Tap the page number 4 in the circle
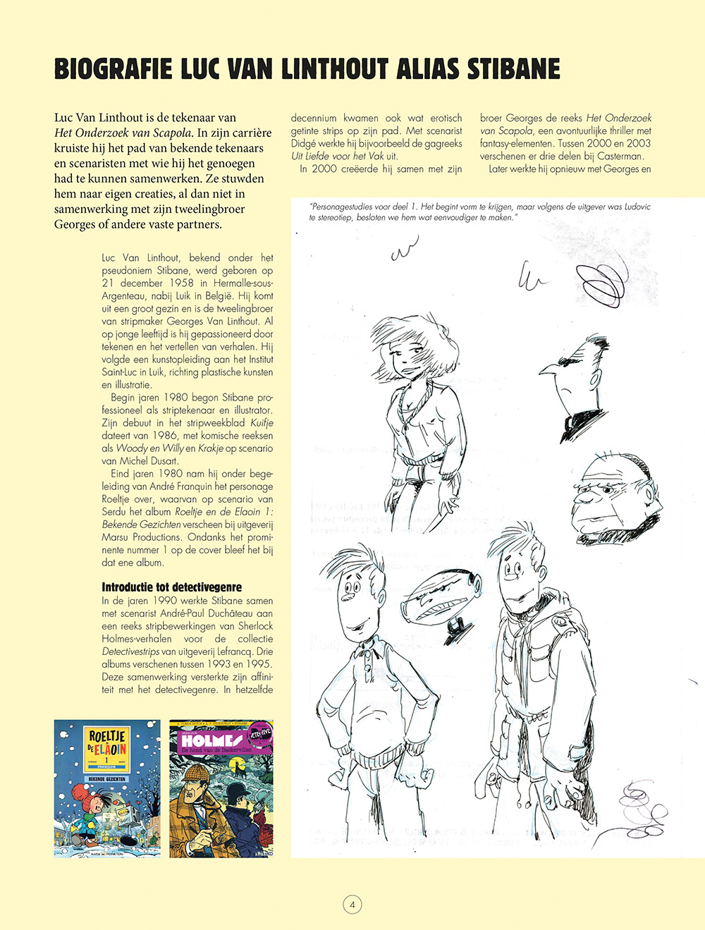tap(352, 905)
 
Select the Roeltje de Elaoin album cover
tap(107, 788)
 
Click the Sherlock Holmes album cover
tap(221, 788)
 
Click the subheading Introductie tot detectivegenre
tap(171, 587)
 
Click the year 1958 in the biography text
tap(183, 283)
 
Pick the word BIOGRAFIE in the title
tap(113, 70)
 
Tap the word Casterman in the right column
tap(620, 156)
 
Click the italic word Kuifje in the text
tap(262, 423)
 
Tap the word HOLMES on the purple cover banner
tap(211, 741)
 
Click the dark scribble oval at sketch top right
tap(600, 281)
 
